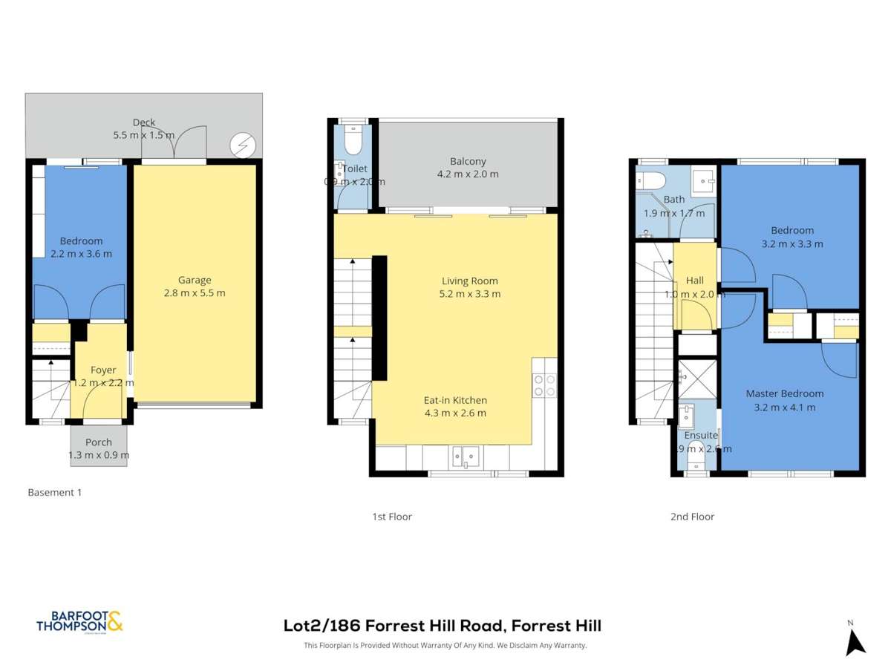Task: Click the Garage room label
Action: (x=195, y=280)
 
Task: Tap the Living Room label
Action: (x=469, y=281)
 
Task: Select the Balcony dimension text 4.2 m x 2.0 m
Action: (x=468, y=174)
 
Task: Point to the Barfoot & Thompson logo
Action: (x=79, y=622)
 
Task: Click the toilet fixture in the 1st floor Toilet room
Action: (x=353, y=140)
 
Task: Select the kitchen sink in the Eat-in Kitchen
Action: (x=466, y=455)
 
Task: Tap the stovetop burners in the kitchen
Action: (x=545, y=384)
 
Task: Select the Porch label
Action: (x=99, y=442)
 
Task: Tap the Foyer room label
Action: (x=102, y=370)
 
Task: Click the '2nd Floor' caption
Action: (x=692, y=517)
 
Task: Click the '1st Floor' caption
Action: (x=391, y=517)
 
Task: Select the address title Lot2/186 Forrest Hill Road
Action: (x=443, y=626)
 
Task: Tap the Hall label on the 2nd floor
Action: (x=695, y=280)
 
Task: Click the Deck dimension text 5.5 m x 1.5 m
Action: (x=143, y=135)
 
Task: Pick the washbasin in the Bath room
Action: (x=702, y=178)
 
